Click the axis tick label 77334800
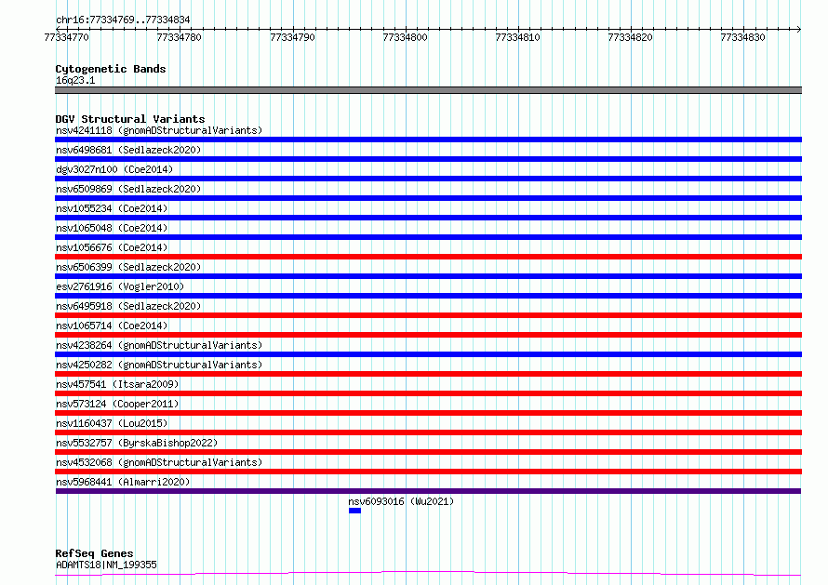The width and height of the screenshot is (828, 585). (x=405, y=37)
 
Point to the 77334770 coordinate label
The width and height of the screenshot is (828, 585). (x=67, y=37)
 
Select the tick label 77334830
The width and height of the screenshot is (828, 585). (x=742, y=37)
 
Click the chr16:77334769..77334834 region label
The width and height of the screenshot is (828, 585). (x=123, y=20)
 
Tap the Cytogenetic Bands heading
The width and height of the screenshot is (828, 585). (x=111, y=69)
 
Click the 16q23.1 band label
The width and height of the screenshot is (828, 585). (x=75, y=80)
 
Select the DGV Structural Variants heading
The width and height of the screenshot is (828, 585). (x=130, y=119)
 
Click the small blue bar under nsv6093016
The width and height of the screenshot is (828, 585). (x=354, y=511)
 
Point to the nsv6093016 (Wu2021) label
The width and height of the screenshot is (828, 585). (x=401, y=501)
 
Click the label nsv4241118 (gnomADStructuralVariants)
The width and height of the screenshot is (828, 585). (x=159, y=130)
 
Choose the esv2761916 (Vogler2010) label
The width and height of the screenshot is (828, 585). (x=120, y=286)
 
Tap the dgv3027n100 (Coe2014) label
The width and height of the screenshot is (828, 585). (x=114, y=169)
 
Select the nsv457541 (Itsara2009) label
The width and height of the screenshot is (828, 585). (x=117, y=384)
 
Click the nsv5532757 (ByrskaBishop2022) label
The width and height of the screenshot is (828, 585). (x=137, y=443)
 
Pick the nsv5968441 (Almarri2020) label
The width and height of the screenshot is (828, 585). (x=123, y=482)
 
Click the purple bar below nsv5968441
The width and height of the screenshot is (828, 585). (x=428, y=491)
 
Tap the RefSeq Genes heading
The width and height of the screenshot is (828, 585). (x=94, y=553)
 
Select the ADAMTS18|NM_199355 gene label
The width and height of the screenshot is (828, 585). (x=106, y=565)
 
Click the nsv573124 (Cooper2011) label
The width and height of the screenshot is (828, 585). (x=117, y=404)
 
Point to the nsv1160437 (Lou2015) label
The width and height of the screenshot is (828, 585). (x=112, y=423)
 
